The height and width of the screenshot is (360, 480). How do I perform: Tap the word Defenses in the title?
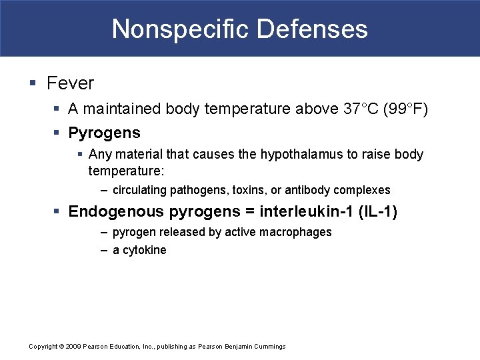point(311,29)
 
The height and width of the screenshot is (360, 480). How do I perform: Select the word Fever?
point(70,83)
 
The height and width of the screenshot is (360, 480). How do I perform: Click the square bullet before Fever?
point(33,83)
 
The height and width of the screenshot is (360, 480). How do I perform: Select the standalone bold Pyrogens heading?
point(104,133)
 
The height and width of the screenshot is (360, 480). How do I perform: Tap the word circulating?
point(139,190)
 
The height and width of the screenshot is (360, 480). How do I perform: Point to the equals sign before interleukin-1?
point(249,212)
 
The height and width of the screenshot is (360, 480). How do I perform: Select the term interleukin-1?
point(309,212)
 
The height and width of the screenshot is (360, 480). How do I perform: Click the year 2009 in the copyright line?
point(73,346)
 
